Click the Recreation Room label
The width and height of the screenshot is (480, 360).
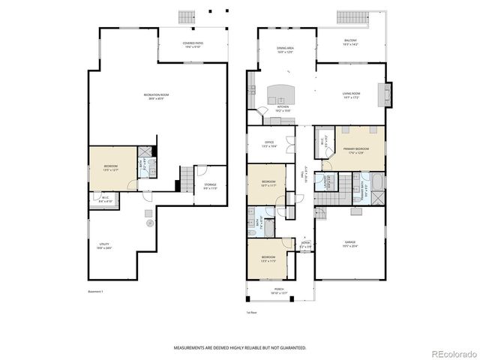(157, 95)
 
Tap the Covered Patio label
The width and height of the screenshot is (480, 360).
(193, 44)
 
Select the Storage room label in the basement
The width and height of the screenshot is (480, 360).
(210, 186)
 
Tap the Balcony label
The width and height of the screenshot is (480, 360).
(351, 43)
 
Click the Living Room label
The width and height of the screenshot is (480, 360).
(352, 96)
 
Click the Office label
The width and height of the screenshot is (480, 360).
(268, 143)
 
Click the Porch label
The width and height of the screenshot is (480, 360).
(278, 290)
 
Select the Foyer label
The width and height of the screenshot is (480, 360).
(305, 244)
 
